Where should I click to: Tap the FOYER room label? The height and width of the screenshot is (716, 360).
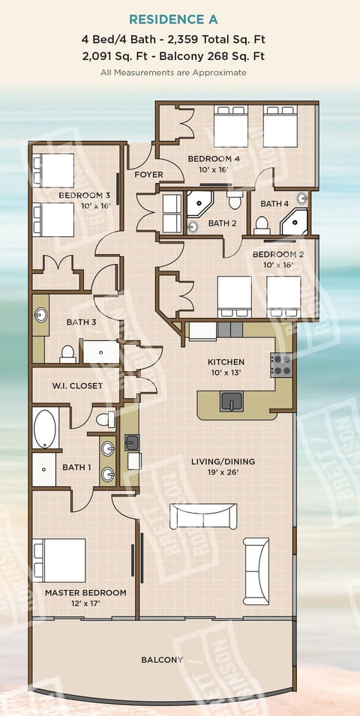tap(148, 175)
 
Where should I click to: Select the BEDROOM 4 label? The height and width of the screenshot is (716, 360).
tap(214, 159)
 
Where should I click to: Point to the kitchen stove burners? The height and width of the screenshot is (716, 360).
tap(280, 365)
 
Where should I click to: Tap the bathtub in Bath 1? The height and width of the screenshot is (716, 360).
tap(45, 428)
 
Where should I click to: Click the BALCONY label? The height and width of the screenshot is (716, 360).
tap(162, 660)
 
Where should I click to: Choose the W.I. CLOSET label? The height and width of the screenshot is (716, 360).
tap(77, 386)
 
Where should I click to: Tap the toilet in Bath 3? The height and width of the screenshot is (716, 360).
tap(67, 352)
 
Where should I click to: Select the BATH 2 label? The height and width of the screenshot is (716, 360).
tap(222, 223)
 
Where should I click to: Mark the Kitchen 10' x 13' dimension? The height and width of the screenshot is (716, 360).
tap(225, 373)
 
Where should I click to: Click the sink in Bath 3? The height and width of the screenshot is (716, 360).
tap(40, 315)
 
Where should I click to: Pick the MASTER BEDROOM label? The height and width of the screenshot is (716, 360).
tap(85, 592)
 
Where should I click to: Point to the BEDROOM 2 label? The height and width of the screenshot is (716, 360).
tap(277, 254)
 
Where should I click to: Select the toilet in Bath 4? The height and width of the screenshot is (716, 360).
tap(262, 224)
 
